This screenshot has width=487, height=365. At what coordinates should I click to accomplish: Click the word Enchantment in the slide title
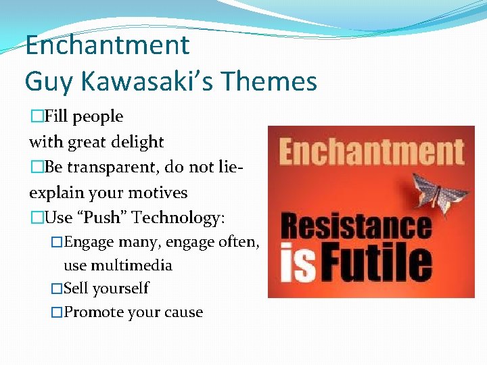pos(108,46)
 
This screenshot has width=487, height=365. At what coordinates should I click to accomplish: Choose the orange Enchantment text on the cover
pos(371,153)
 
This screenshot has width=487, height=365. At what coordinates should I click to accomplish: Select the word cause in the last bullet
pos(183,312)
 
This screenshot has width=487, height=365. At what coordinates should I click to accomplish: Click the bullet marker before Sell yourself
pos(57,289)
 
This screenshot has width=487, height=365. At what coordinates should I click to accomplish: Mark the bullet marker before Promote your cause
pos(57,312)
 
